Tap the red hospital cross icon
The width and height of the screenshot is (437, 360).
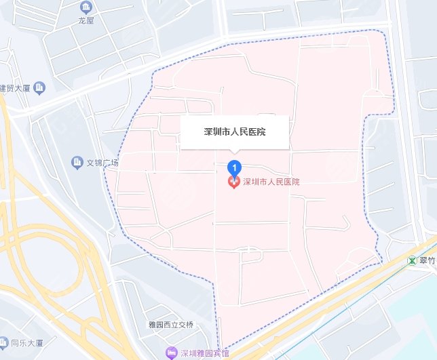[x=233, y=182]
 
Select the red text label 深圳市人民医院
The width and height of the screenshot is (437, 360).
[x=271, y=182]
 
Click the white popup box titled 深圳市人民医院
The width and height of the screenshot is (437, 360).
[x=235, y=132]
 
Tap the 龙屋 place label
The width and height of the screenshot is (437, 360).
[x=85, y=20]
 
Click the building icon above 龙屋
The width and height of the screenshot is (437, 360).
[x=85, y=8]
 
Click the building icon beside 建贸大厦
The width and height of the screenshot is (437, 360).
[x=39, y=87]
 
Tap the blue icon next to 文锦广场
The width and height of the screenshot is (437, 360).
[x=77, y=163]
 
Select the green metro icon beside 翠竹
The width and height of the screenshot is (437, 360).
[x=413, y=260]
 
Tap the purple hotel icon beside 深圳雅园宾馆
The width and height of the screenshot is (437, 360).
[x=170, y=353]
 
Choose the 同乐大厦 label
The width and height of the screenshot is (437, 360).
[x=28, y=343]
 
